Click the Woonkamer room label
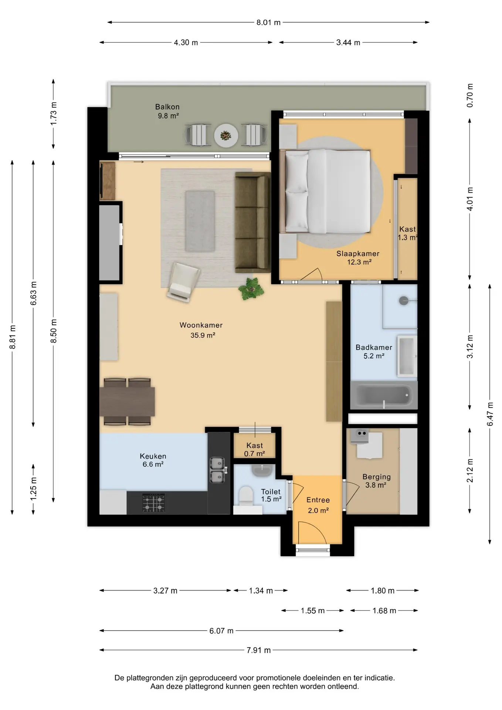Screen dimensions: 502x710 [201, 325]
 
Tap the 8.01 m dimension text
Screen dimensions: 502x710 [269, 23]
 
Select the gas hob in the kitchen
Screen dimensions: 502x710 [154, 503]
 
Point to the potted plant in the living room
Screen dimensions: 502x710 [252, 288]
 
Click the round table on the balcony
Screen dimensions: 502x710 [226, 135]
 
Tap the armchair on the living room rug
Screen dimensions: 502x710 [183, 281]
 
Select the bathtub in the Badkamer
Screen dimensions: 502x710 [384, 395]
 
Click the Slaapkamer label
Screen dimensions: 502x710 [358, 254]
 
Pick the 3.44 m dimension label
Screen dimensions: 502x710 [348, 43]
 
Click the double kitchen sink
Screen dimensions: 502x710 [217, 470]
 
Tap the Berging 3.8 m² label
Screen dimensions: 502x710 [376, 481]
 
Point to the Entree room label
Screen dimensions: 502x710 [318, 500]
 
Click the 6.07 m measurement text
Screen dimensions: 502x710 [221, 631]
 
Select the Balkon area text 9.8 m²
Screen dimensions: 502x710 [168, 116]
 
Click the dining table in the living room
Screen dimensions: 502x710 [127, 402]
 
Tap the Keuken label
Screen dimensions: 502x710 [153, 456]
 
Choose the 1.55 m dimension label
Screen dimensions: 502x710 [313, 611]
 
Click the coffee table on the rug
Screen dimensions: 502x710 [200, 221]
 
